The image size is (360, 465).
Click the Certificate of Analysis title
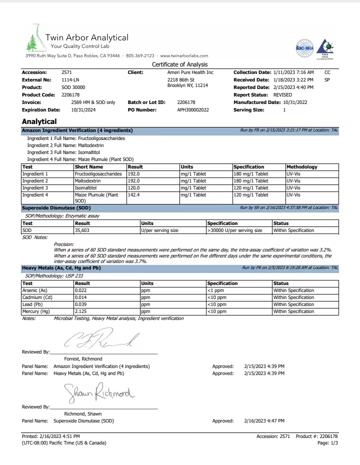tap(179, 64)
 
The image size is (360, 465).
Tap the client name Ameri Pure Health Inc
tap(190, 72)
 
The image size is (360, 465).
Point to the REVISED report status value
tap(283, 94)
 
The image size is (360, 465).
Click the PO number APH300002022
tap(193, 109)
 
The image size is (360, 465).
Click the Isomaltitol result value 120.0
tap(133, 188)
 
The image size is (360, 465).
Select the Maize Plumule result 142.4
tap(133, 195)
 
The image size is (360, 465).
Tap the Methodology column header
tap(302, 167)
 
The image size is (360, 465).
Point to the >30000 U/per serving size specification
tap(234, 230)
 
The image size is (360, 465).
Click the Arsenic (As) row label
tap(35, 290)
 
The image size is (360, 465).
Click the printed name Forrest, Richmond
tap(83, 358)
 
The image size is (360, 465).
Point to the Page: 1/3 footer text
tap(327, 443)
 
